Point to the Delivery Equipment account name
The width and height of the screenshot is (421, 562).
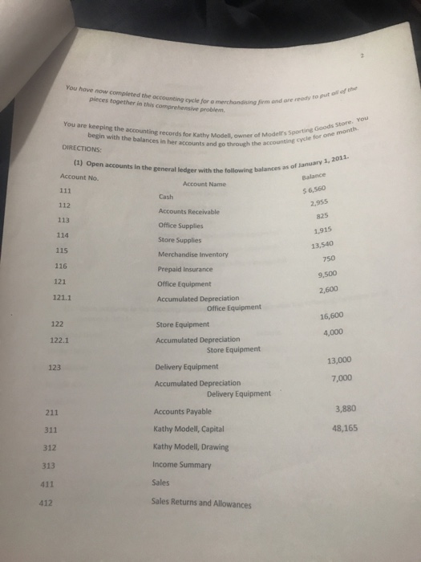(186, 368)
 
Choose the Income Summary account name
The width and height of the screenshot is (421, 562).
(179, 465)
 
